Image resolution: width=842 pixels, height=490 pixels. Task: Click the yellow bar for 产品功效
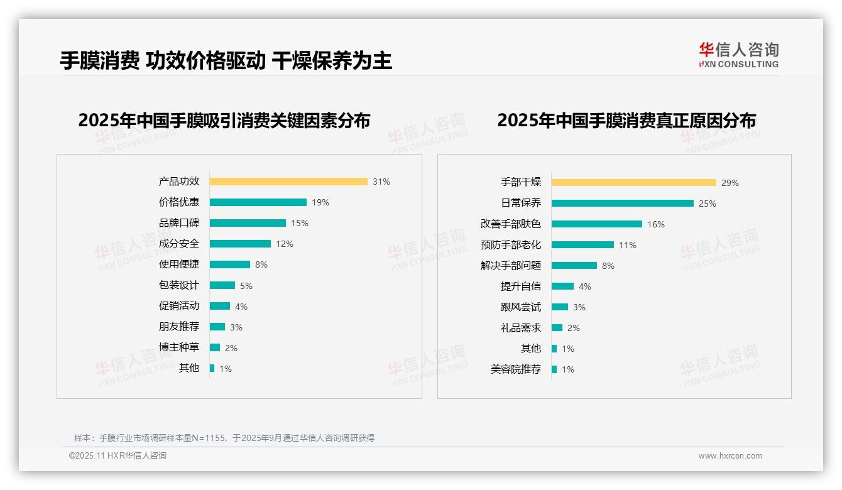pyautogui.click(x=288, y=182)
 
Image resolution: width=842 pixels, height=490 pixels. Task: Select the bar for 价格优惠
pyautogui.click(x=258, y=202)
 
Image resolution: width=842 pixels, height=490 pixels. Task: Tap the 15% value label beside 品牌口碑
pyautogui.click(x=300, y=223)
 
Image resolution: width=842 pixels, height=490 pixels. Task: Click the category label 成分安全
pyautogui.click(x=179, y=244)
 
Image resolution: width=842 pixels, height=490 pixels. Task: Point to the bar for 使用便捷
pyautogui.click(x=229, y=264)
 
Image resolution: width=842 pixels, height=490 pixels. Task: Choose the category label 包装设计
pyautogui.click(x=179, y=285)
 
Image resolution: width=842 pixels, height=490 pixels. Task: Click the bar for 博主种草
pyautogui.click(x=215, y=347)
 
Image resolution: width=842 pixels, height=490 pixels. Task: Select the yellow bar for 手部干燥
pyautogui.click(x=633, y=183)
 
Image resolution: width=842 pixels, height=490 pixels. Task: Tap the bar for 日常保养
pyautogui.click(x=622, y=204)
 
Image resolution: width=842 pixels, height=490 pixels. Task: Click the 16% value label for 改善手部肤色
pyautogui.click(x=656, y=224)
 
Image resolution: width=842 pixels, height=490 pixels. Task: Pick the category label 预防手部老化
pyautogui.click(x=511, y=245)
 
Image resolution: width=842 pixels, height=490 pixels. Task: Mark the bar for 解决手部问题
pyautogui.click(x=574, y=266)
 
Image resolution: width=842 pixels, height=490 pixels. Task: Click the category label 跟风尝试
pyautogui.click(x=521, y=307)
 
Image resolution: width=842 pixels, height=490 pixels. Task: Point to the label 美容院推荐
pyautogui.click(x=516, y=369)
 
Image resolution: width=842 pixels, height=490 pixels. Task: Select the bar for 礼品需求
pyautogui.click(x=557, y=328)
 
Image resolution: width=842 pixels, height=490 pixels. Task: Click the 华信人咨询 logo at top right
pyautogui.click(x=738, y=55)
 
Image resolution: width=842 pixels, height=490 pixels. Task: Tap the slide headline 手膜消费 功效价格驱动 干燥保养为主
pyautogui.click(x=226, y=61)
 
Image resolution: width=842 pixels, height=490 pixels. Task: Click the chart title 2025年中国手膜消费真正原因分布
pyautogui.click(x=626, y=120)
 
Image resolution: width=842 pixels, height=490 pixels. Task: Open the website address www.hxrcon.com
pyautogui.click(x=730, y=456)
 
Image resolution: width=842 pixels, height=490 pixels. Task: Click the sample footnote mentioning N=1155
pyautogui.click(x=224, y=438)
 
